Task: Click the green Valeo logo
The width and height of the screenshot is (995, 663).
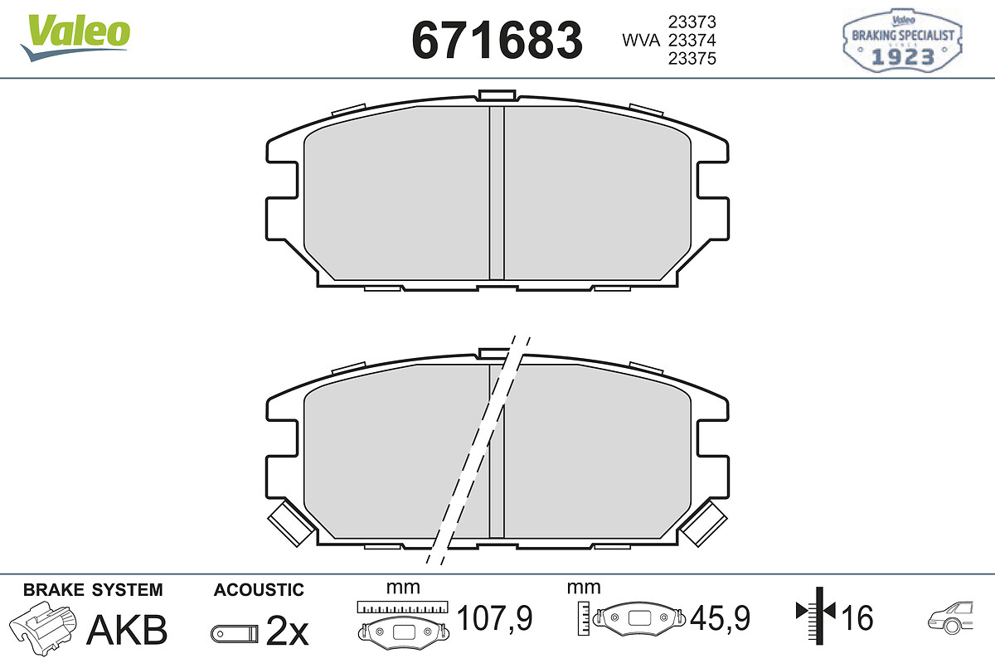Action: click(x=75, y=37)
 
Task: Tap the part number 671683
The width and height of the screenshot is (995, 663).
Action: click(x=497, y=41)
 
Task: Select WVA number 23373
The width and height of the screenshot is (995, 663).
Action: click(x=692, y=22)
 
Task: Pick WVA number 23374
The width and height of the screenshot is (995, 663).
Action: click(x=692, y=40)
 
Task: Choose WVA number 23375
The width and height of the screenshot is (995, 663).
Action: click(x=692, y=58)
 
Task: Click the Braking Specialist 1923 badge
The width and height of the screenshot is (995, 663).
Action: click(x=902, y=41)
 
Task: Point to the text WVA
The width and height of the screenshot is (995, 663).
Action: click(x=641, y=41)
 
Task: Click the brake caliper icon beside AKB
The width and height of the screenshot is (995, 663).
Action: click(x=43, y=629)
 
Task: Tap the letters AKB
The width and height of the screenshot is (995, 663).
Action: click(x=127, y=629)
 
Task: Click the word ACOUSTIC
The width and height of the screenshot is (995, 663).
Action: click(x=259, y=590)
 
